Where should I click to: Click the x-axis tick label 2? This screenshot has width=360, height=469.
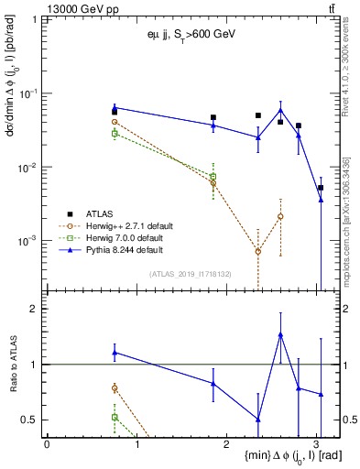point(226,444)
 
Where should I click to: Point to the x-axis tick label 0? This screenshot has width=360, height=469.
point(47,444)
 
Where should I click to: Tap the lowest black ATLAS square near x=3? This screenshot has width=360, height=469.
point(321,188)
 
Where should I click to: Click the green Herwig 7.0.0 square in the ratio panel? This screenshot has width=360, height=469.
point(115,417)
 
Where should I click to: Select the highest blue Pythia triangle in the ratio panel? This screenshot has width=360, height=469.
point(280,334)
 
